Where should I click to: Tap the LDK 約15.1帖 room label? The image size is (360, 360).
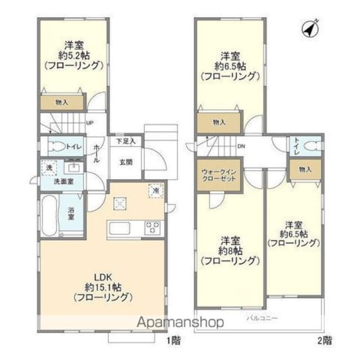point(102,286)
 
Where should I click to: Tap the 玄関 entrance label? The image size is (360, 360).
point(125,162)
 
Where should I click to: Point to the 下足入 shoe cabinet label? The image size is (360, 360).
point(126,142)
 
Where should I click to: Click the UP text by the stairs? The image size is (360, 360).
point(89,124)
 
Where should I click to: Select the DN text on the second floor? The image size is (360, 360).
point(241,147)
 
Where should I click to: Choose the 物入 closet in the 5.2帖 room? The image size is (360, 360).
point(62,102)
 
